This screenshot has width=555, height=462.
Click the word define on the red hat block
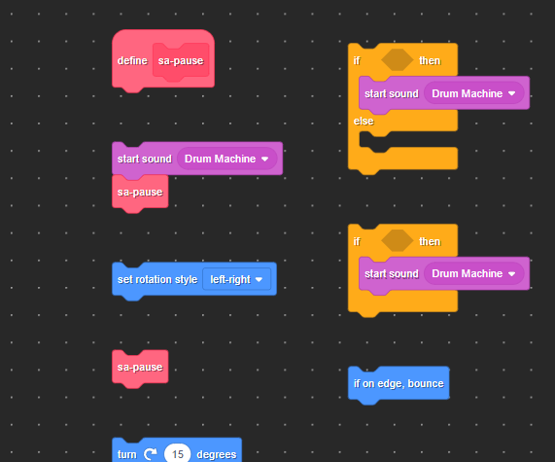click(x=132, y=60)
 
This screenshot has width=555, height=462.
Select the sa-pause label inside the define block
click(x=181, y=60)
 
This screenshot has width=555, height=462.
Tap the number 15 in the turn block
click(x=177, y=454)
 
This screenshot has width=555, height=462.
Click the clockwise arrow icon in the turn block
click(x=151, y=454)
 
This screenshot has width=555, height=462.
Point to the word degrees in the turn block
click(x=217, y=454)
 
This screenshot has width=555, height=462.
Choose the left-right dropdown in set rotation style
click(x=236, y=279)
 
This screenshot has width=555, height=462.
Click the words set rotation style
click(x=157, y=279)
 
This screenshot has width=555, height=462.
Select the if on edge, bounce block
click(x=399, y=383)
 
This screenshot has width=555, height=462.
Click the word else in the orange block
click(x=364, y=122)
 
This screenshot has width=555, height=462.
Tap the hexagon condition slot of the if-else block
click(x=398, y=60)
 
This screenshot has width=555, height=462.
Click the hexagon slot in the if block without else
click(x=398, y=240)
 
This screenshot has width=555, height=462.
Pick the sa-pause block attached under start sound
click(x=140, y=192)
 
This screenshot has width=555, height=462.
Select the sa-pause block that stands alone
click(x=140, y=367)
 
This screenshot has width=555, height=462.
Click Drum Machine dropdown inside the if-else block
click(x=473, y=93)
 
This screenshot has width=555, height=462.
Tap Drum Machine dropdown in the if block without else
click(x=473, y=273)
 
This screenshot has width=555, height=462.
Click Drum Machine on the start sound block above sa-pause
click(x=226, y=159)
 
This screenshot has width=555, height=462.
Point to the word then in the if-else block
click(x=430, y=60)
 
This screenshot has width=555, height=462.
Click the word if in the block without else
click(x=357, y=241)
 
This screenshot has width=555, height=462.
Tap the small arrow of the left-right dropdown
click(x=259, y=279)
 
